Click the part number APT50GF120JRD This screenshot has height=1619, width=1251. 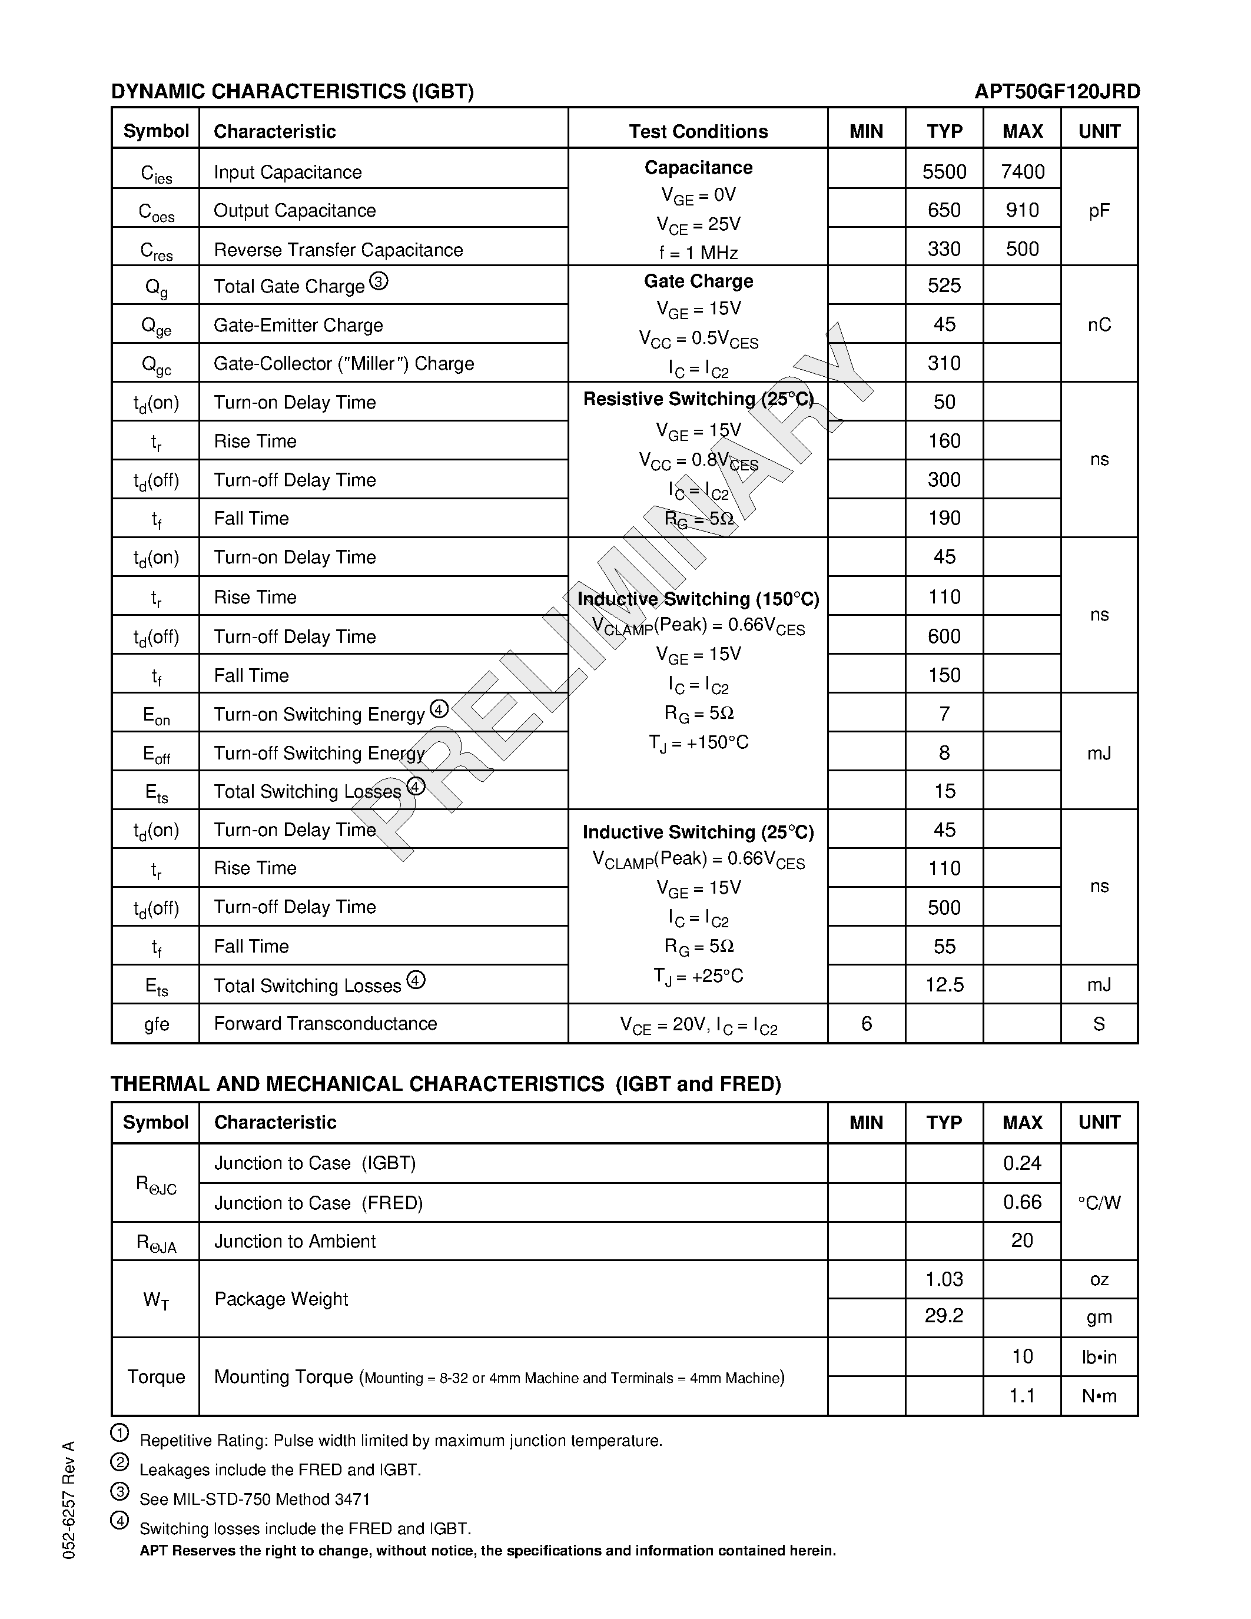pos(1057,91)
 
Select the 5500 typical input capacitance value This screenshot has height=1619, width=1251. pos(944,172)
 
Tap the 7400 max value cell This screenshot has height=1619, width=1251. pos(1022,172)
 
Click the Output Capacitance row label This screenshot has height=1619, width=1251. pos(294,211)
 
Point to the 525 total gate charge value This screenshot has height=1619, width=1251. pos(944,286)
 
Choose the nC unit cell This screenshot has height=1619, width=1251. pos(1099,325)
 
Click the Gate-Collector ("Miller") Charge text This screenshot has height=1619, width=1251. pos(344,363)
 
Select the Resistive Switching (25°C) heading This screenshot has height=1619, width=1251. pos(698,399)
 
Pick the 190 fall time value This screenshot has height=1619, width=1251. pos(944,518)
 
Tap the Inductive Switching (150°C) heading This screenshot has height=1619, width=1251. pos(698,599)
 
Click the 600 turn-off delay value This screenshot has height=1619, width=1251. pos(944,636)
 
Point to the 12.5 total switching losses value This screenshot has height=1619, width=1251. pos(944,984)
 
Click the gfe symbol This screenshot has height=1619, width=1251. pos(157,1024)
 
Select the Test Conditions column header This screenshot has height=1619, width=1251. pos(698,131)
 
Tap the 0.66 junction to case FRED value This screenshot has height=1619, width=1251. pos(1022,1202)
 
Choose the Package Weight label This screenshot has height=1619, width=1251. pos(281,1299)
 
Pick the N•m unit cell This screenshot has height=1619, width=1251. pos(1099,1396)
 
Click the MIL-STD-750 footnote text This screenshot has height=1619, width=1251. pos(254,1499)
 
